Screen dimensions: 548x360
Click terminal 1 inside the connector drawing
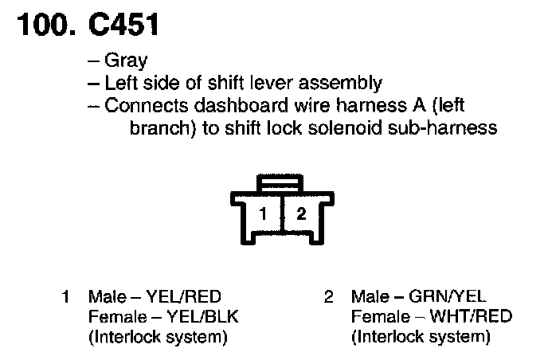click(x=262, y=213)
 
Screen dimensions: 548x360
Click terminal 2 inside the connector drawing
click(x=300, y=213)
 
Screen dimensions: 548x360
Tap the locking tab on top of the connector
click(x=281, y=185)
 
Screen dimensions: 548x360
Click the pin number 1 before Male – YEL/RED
click(x=65, y=298)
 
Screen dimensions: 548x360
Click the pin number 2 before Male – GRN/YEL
click(x=328, y=298)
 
